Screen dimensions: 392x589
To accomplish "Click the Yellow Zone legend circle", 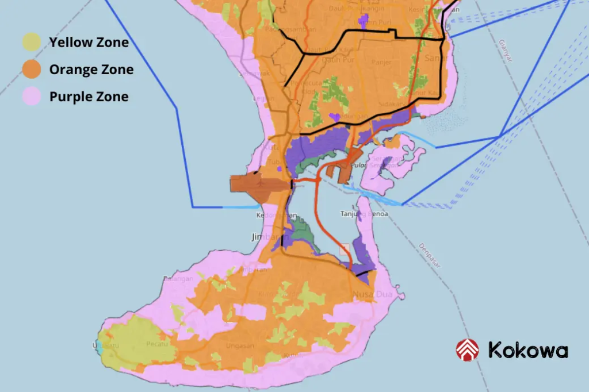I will click(32, 42).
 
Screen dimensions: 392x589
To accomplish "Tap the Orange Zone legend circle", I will click(32, 70).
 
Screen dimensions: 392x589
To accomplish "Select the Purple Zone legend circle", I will click(32, 97).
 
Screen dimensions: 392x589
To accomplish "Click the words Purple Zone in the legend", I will click(89, 97).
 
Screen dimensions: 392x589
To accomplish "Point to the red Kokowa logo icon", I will click(467, 350).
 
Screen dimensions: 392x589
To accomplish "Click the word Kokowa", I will click(527, 350).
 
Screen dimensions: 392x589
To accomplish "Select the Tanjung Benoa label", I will click(364, 214).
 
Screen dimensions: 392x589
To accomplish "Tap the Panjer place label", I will click(381, 62).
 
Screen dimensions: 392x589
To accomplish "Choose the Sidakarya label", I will click(391, 106).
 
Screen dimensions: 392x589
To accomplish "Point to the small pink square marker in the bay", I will click(345, 249).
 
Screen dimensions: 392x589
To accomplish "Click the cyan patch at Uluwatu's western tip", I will click(99, 347).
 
